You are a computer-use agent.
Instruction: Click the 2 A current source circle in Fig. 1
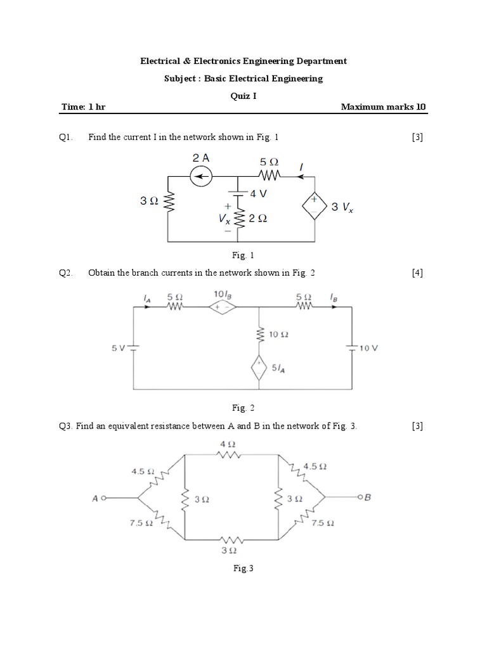(x=202, y=177)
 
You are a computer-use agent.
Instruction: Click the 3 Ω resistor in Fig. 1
(x=168, y=201)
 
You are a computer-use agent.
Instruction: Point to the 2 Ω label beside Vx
(x=257, y=218)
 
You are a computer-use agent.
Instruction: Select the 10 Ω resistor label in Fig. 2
(x=279, y=334)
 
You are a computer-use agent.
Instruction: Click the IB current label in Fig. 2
(x=333, y=295)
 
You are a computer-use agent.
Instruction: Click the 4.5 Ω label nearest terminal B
(x=315, y=466)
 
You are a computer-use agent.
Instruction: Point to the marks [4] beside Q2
(x=417, y=273)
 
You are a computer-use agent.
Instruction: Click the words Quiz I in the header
(x=243, y=96)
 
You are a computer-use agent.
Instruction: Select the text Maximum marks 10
(x=384, y=107)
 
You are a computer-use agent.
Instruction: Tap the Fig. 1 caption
(x=243, y=256)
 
